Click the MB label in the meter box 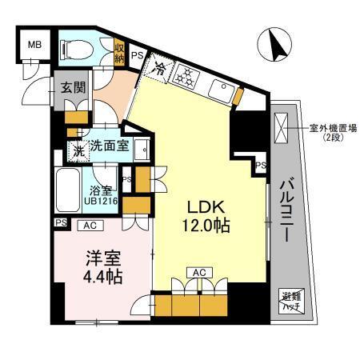click(34, 45)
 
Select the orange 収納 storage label click(119, 54)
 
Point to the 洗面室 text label click(107, 146)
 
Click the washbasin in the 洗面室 click(141, 148)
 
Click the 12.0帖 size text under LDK click(210, 225)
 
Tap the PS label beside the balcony click(260, 165)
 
